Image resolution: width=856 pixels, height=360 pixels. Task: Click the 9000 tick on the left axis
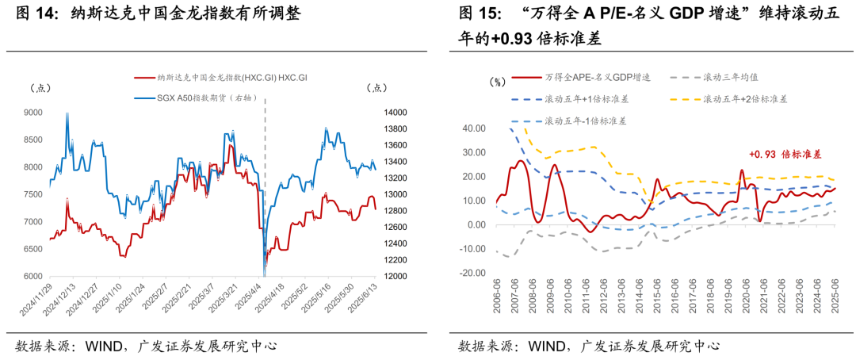34,113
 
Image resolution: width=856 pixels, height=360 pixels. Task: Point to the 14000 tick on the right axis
396,113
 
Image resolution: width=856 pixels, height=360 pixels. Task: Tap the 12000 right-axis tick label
396,276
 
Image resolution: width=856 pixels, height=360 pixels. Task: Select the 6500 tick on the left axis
34,249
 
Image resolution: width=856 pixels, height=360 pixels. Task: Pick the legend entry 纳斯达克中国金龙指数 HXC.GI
223,79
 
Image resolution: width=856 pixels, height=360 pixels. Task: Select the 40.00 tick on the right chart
473,128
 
